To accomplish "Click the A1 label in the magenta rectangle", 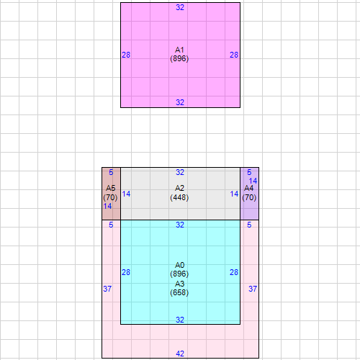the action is [179, 50].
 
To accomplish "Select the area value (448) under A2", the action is [179, 197].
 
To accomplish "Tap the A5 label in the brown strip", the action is [111, 188].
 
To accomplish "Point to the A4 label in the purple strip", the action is [249, 188].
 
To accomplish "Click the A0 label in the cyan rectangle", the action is [179, 265].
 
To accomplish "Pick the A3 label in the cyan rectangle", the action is [179, 284].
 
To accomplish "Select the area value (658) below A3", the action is [179, 292].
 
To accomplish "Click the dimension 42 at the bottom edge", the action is [180, 354].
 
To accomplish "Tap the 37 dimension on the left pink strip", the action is [107, 289].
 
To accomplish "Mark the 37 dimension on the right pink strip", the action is [253, 289].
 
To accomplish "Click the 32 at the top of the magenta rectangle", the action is [180, 7].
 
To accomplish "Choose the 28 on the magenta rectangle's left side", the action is [126, 55].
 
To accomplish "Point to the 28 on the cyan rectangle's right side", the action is [234, 272].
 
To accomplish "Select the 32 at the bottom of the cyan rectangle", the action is [180, 320].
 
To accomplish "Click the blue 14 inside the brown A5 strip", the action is [107, 206].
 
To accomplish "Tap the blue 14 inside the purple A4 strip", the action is [253, 181].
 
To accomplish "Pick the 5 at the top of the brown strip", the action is [111, 172].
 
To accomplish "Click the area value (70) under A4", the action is [249, 197].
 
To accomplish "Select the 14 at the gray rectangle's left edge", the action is [126, 194].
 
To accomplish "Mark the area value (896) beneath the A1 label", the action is [179, 58].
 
